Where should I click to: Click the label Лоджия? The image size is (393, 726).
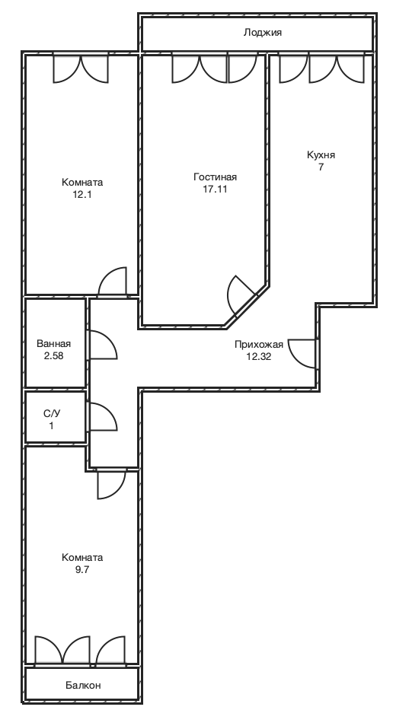pyautogui.click(x=263, y=33)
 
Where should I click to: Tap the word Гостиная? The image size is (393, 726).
pyautogui.click(x=215, y=177)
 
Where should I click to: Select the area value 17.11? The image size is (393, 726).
pyautogui.click(x=215, y=189)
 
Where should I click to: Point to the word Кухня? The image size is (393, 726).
pyautogui.click(x=321, y=155)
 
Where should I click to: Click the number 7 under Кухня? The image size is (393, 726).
pyautogui.click(x=321, y=167)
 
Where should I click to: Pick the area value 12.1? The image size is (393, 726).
pyautogui.click(x=82, y=195)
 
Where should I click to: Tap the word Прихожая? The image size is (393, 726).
pyautogui.click(x=259, y=345)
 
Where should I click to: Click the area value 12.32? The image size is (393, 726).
pyautogui.click(x=259, y=356)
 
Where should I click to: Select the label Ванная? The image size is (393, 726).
pyautogui.click(x=54, y=343)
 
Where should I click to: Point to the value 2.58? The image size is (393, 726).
pyautogui.click(x=54, y=355)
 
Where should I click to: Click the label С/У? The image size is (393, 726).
pyautogui.click(x=52, y=413)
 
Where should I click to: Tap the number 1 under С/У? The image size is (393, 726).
pyautogui.click(x=52, y=425)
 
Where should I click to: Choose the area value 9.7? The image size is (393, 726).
pyautogui.click(x=82, y=569)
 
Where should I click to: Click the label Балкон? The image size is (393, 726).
pyautogui.click(x=83, y=685)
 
